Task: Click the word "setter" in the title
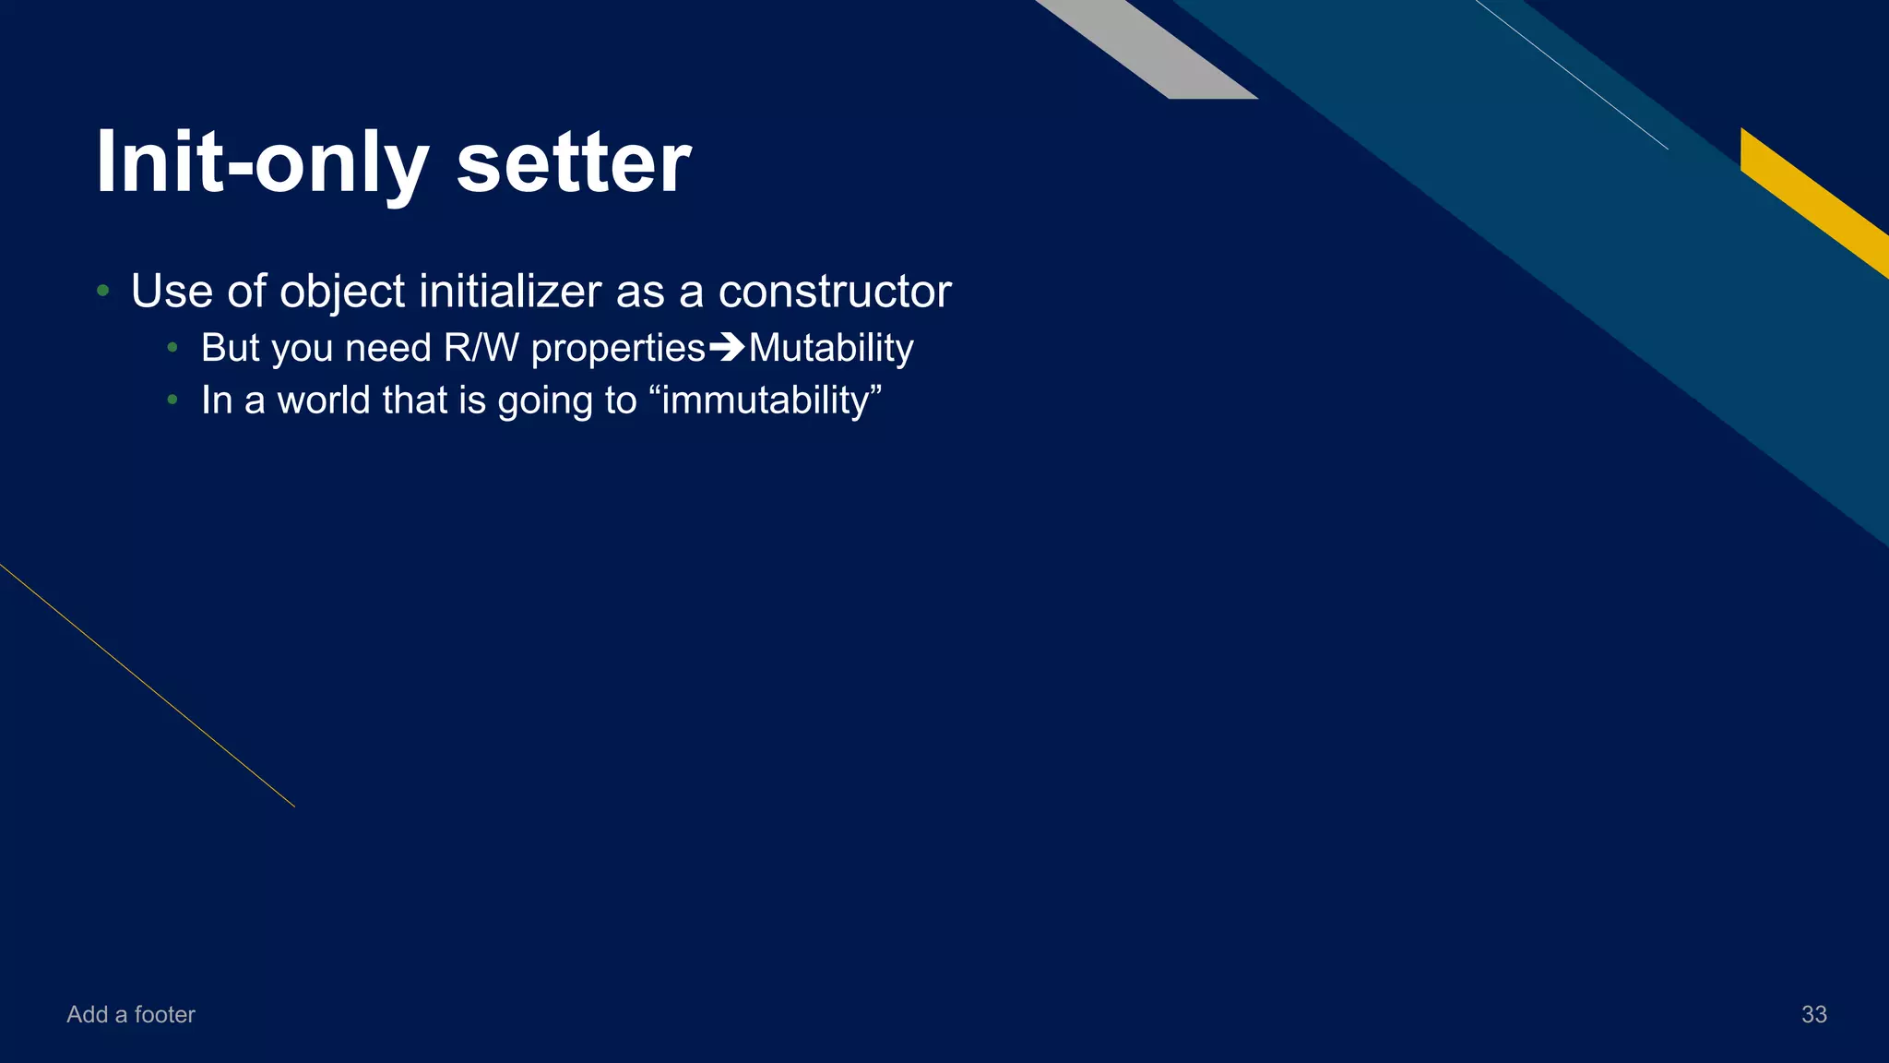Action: (x=573, y=163)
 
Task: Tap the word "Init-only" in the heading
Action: (x=262, y=163)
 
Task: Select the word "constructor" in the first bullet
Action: (x=834, y=292)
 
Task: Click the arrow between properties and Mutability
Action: (x=727, y=348)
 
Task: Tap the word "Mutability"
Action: (x=831, y=348)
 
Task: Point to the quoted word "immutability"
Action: (x=771, y=400)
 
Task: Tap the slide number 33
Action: (x=1813, y=1014)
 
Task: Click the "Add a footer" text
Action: (x=131, y=1014)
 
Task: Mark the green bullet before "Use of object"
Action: (x=103, y=292)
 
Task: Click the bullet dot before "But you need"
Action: (x=172, y=349)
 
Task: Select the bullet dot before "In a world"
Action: (x=172, y=400)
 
